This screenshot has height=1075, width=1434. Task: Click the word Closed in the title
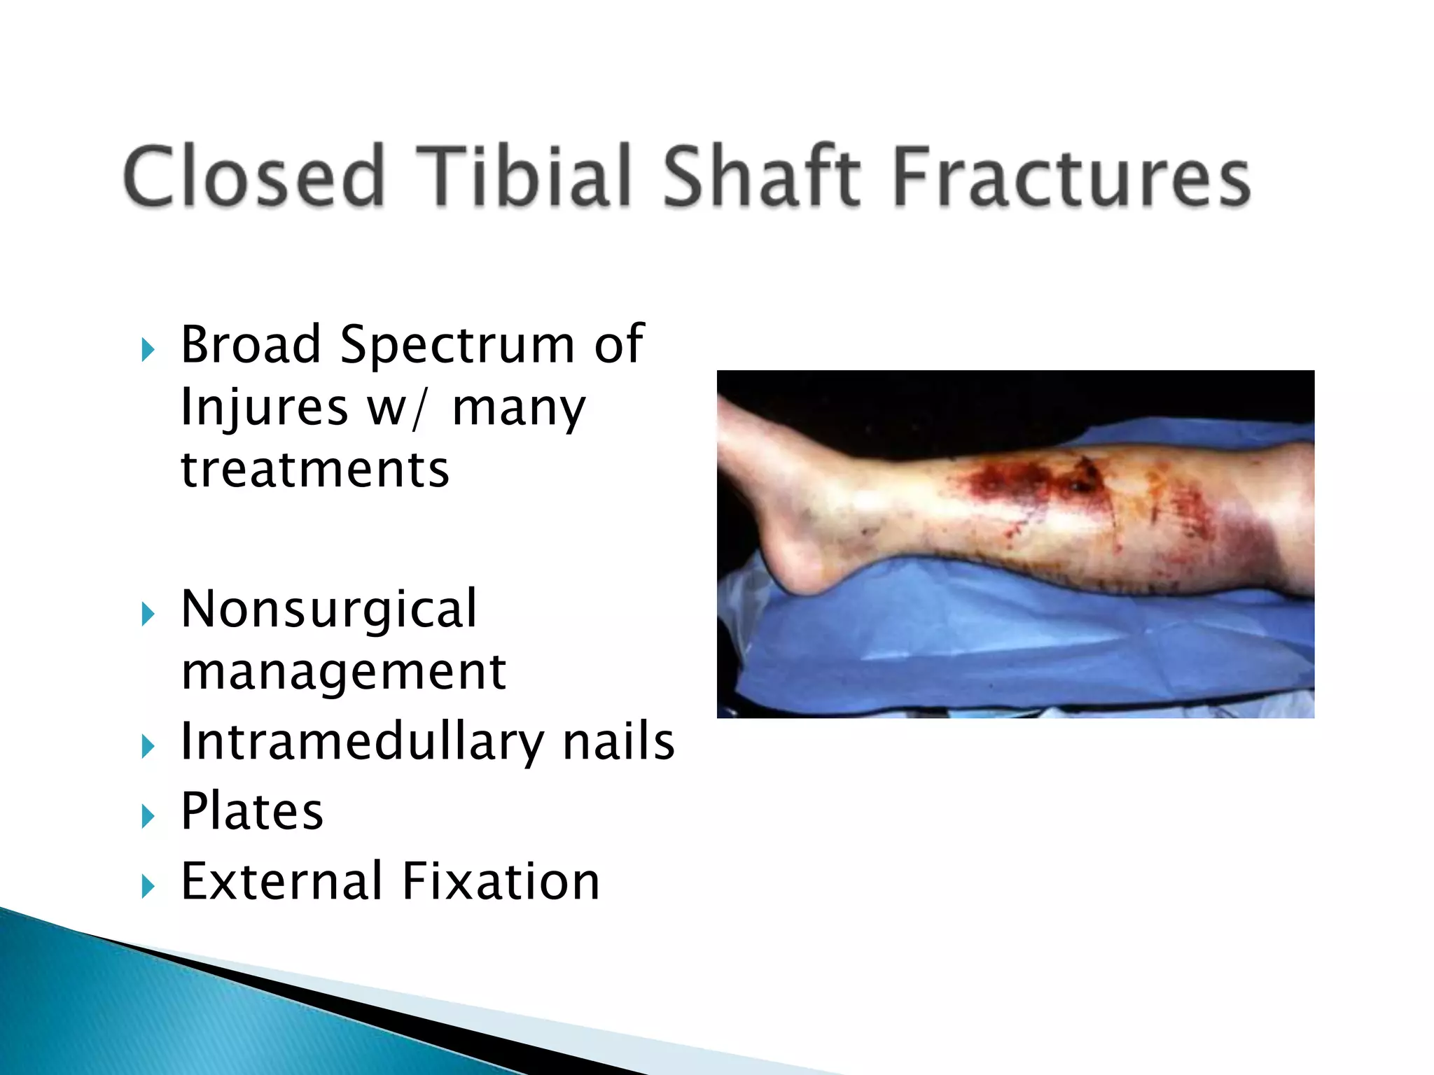click(x=253, y=176)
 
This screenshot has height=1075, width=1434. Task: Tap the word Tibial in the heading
click(x=532, y=176)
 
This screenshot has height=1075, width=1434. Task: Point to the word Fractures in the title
click(x=1071, y=176)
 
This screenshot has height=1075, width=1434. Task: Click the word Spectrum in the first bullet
click(x=457, y=346)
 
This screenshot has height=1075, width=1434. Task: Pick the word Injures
click(x=264, y=407)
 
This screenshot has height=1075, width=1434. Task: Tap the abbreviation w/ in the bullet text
click(x=396, y=407)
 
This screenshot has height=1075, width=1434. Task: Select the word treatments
click(x=315, y=469)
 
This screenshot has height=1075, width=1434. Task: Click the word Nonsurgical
click(x=329, y=609)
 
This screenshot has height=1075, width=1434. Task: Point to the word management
click(x=343, y=672)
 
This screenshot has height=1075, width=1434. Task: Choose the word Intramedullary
click(x=361, y=742)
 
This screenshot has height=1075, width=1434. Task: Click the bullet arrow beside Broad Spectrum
click(x=148, y=349)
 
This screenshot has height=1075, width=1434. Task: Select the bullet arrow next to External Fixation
click(x=148, y=887)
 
